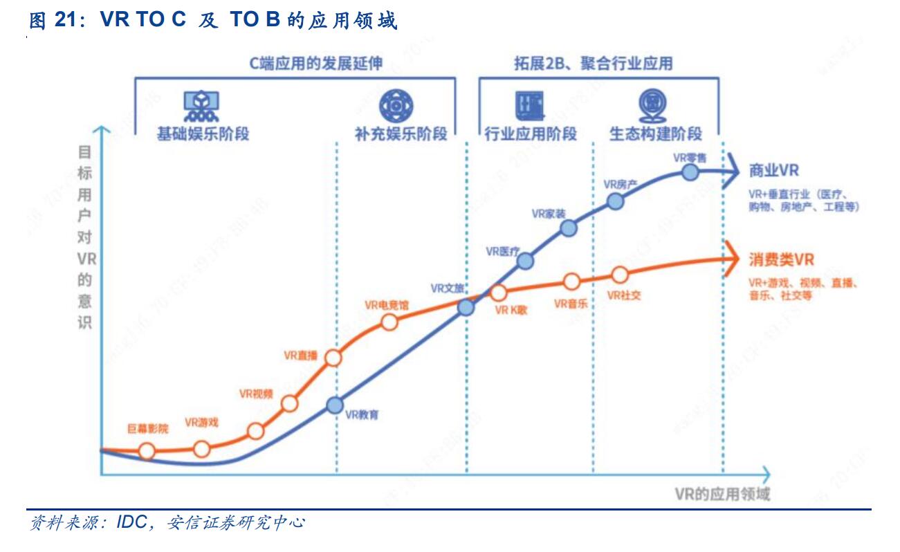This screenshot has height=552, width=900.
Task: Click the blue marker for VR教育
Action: click(x=336, y=405)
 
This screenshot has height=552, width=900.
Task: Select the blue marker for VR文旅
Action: click(x=467, y=307)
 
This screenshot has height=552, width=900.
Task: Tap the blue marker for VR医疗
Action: click(x=526, y=261)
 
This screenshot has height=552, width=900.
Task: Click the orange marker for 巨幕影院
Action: click(x=147, y=451)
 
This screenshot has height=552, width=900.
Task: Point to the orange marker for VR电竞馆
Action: click(x=389, y=322)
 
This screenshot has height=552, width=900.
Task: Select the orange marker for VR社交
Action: click(x=620, y=275)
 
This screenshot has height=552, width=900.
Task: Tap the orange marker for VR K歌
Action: click(x=498, y=293)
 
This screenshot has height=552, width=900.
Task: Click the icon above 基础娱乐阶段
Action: click(x=202, y=104)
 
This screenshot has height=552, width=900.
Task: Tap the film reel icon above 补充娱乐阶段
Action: click(x=392, y=106)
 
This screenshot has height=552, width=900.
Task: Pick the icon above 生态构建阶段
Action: click(x=652, y=104)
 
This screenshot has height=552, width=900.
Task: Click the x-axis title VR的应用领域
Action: click(x=722, y=494)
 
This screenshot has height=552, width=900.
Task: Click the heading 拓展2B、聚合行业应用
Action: click(x=593, y=63)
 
